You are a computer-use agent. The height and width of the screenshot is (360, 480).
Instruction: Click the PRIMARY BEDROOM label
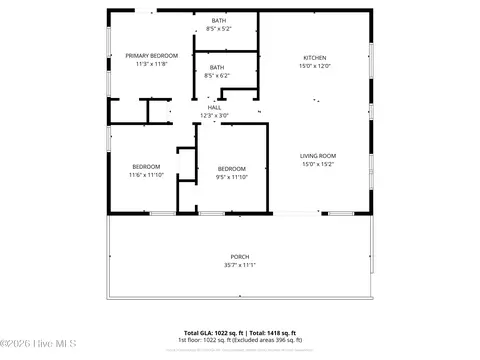point(151,56)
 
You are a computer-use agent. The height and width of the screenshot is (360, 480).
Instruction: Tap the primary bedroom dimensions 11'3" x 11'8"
point(151,64)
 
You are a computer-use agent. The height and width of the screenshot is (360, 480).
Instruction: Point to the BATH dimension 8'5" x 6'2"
point(217,75)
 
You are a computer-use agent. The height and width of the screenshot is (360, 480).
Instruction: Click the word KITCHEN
point(316,57)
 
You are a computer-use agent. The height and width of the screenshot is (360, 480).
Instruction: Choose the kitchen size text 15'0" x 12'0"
point(316,65)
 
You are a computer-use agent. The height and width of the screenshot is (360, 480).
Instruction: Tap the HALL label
point(214,107)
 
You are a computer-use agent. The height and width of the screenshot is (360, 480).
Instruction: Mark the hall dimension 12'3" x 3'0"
point(214,115)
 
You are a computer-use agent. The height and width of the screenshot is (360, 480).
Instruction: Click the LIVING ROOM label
point(318,155)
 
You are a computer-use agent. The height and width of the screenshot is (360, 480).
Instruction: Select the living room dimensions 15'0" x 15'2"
point(318,163)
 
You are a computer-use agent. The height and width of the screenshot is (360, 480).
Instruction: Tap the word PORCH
point(240,256)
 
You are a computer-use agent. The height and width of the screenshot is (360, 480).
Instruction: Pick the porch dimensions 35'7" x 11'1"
point(240,265)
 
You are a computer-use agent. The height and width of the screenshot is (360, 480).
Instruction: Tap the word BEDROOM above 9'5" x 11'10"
point(232,168)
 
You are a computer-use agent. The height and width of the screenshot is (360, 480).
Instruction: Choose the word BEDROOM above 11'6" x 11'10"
point(146,166)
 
